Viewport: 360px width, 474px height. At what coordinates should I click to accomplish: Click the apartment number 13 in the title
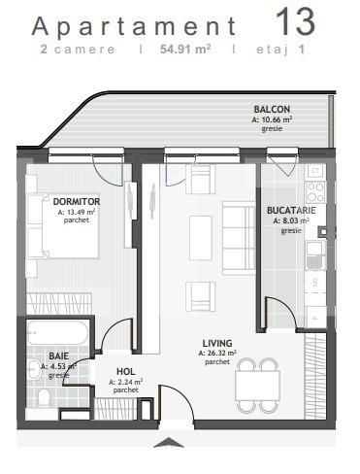(x=297, y=21)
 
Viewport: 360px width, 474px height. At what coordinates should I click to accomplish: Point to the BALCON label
(x=272, y=110)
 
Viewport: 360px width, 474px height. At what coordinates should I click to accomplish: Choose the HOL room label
(x=125, y=372)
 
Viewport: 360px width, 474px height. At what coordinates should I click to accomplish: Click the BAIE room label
(x=59, y=356)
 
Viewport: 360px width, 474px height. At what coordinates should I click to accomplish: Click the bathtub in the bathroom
(x=59, y=332)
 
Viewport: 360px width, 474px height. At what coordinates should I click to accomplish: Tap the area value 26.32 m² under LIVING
(x=217, y=354)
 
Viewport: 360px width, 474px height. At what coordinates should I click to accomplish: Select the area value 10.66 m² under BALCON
(x=272, y=119)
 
